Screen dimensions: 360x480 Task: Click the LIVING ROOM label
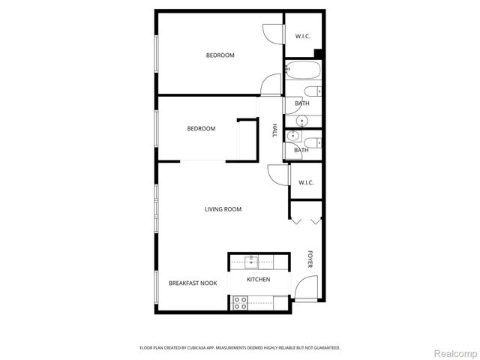tap(223, 209)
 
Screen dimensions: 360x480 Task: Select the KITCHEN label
tap(258, 280)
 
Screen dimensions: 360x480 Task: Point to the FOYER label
tap(309, 259)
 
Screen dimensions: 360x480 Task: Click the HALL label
tap(274, 130)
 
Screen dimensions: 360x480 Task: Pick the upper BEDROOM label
tap(220, 55)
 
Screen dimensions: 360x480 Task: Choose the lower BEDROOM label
tap(201, 129)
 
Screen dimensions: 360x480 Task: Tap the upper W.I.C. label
tap(303, 36)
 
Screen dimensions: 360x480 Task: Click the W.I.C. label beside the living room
tap(306, 183)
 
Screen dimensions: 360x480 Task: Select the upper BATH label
tap(301, 103)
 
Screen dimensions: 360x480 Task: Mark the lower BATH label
tap(301, 150)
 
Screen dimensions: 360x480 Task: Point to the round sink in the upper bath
tap(302, 120)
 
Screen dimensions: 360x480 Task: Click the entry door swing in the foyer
tap(307, 289)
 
